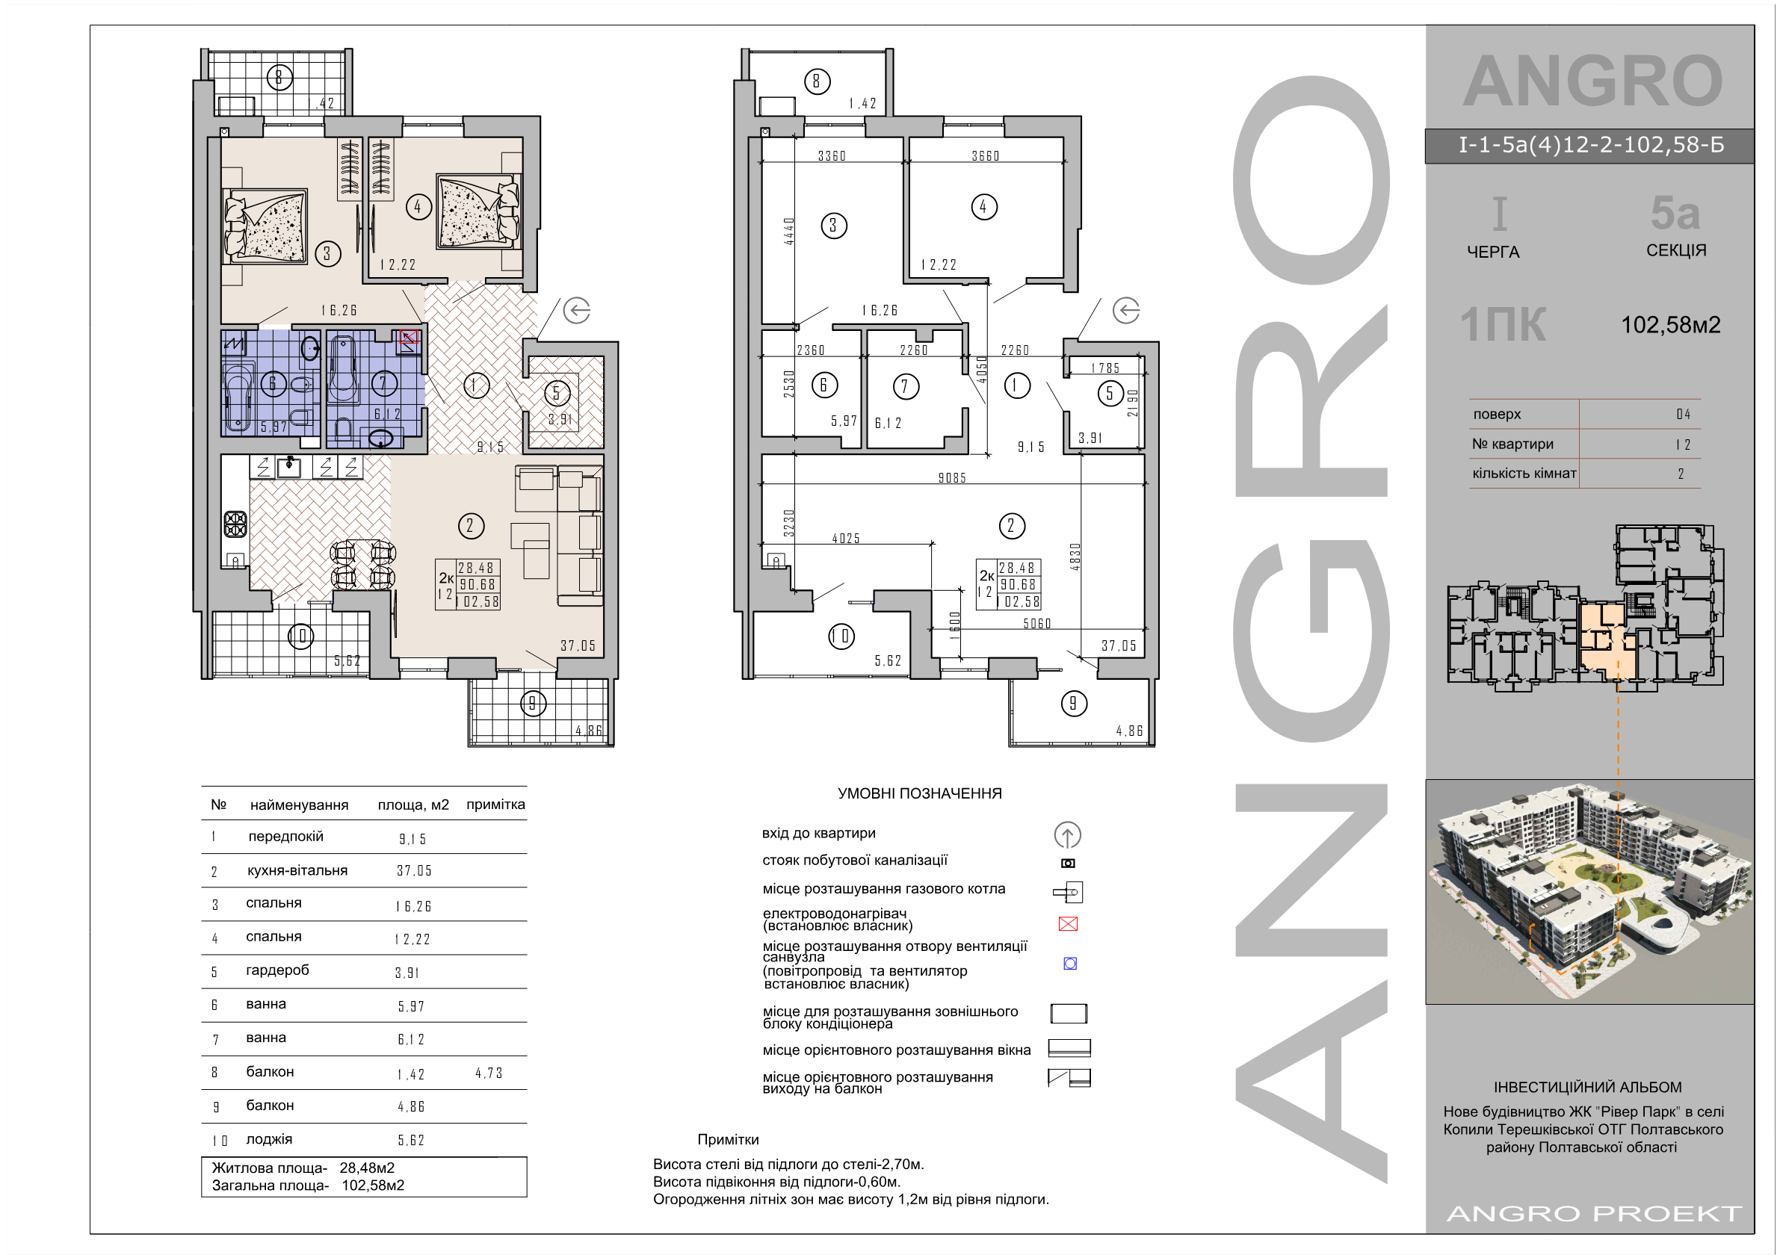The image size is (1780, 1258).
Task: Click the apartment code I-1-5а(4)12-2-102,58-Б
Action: [x=1591, y=145]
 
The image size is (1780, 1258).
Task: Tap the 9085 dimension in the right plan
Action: [x=952, y=478]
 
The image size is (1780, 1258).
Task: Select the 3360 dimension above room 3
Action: [x=832, y=156]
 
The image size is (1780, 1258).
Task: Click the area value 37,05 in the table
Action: [x=414, y=870]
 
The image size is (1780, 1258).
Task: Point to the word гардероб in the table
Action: [x=277, y=970]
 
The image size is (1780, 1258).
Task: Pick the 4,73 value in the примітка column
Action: [x=489, y=1073]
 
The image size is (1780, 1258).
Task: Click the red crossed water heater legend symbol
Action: [x=1068, y=923]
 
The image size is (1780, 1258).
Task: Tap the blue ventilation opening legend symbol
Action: [x=1070, y=964]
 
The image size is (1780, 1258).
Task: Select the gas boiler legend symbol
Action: [x=1069, y=892]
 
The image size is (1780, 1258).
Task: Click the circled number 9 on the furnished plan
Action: [x=533, y=704]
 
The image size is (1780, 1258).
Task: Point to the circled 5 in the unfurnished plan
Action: [x=1110, y=394]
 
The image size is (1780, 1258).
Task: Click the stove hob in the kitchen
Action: [x=235, y=524]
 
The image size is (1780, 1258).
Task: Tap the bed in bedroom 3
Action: [x=265, y=225]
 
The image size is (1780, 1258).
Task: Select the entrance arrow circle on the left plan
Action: [x=577, y=311]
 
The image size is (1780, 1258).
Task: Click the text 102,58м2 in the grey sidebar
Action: [x=1671, y=325]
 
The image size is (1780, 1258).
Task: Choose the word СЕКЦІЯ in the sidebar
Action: [x=1676, y=250]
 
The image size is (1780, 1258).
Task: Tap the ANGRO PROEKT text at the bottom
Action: [x=1594, y=1213]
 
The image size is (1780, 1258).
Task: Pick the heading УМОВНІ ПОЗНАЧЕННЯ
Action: [x=919, y=793]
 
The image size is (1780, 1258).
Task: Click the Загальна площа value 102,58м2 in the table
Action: [x=373, y=1185]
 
